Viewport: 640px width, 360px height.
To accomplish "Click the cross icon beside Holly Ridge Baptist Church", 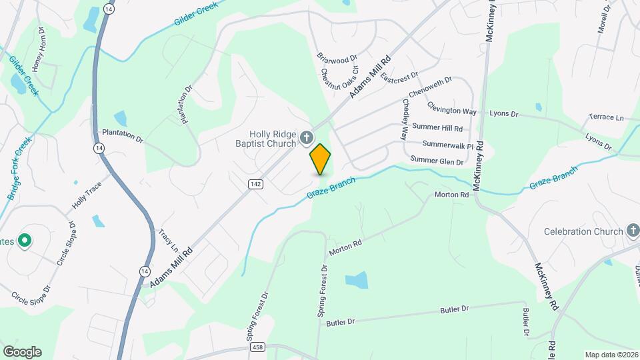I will (307, 138).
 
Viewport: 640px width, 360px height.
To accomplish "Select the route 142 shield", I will (255, 184).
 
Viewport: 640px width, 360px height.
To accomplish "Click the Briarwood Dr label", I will (337, 59).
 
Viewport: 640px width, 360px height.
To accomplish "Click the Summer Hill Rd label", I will (437, 127).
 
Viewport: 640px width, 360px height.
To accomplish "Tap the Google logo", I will (22, 351).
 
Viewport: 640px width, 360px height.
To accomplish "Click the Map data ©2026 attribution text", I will (611, 355).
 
